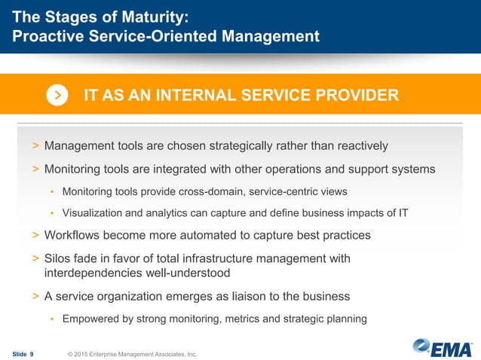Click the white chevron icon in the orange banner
(x=58, y=96)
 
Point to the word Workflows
(x=74, y=235)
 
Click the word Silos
(x=60, y=258)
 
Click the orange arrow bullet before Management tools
(x=35, y=145)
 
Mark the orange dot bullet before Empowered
(x=51, y=319)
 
